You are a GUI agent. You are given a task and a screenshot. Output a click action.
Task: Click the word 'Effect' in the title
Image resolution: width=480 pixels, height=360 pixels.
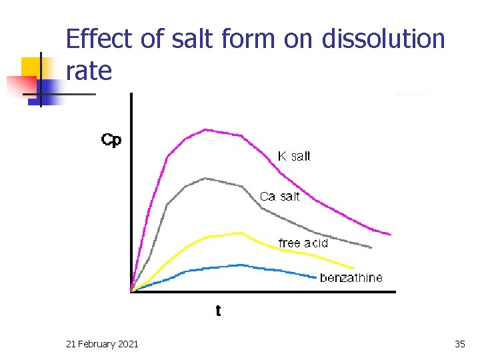click(x=101, y=39)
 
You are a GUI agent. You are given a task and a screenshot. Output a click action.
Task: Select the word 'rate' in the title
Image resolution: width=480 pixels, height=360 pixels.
click(x=89, y=71)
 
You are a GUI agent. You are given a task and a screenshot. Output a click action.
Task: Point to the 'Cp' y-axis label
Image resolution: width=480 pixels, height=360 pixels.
click(x=111, y=140)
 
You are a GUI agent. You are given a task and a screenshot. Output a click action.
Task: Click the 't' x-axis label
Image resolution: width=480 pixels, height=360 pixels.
click(x=218, y=311)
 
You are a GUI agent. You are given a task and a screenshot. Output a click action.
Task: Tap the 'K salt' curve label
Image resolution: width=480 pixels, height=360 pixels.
click(x=294, y=157)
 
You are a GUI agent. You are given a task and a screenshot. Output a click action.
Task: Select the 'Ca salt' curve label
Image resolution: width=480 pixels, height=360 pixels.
click(x=279, y=197)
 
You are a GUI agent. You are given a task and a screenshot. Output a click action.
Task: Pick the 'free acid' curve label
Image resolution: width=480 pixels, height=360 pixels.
click(x=303, y=243)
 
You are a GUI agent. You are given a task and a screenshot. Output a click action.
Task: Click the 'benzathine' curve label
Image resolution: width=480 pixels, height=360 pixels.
click(x=351, y=278)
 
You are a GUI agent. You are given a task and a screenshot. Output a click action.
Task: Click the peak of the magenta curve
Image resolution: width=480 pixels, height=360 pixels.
click(x=205, y=129)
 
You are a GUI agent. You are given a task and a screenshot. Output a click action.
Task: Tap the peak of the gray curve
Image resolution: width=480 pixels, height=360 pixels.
click(x=205, y=178)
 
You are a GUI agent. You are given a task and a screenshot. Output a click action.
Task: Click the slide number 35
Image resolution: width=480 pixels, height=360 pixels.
click(x=459, y=344)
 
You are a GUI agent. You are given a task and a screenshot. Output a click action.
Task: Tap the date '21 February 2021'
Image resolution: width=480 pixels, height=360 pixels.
click(x=103, y=344)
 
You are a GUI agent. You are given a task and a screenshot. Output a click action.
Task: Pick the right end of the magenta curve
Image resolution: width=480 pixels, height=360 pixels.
click(x=391, y=234)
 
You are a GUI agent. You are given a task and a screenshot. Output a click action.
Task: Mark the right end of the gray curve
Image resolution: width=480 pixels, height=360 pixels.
click(x=371, y=247)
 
